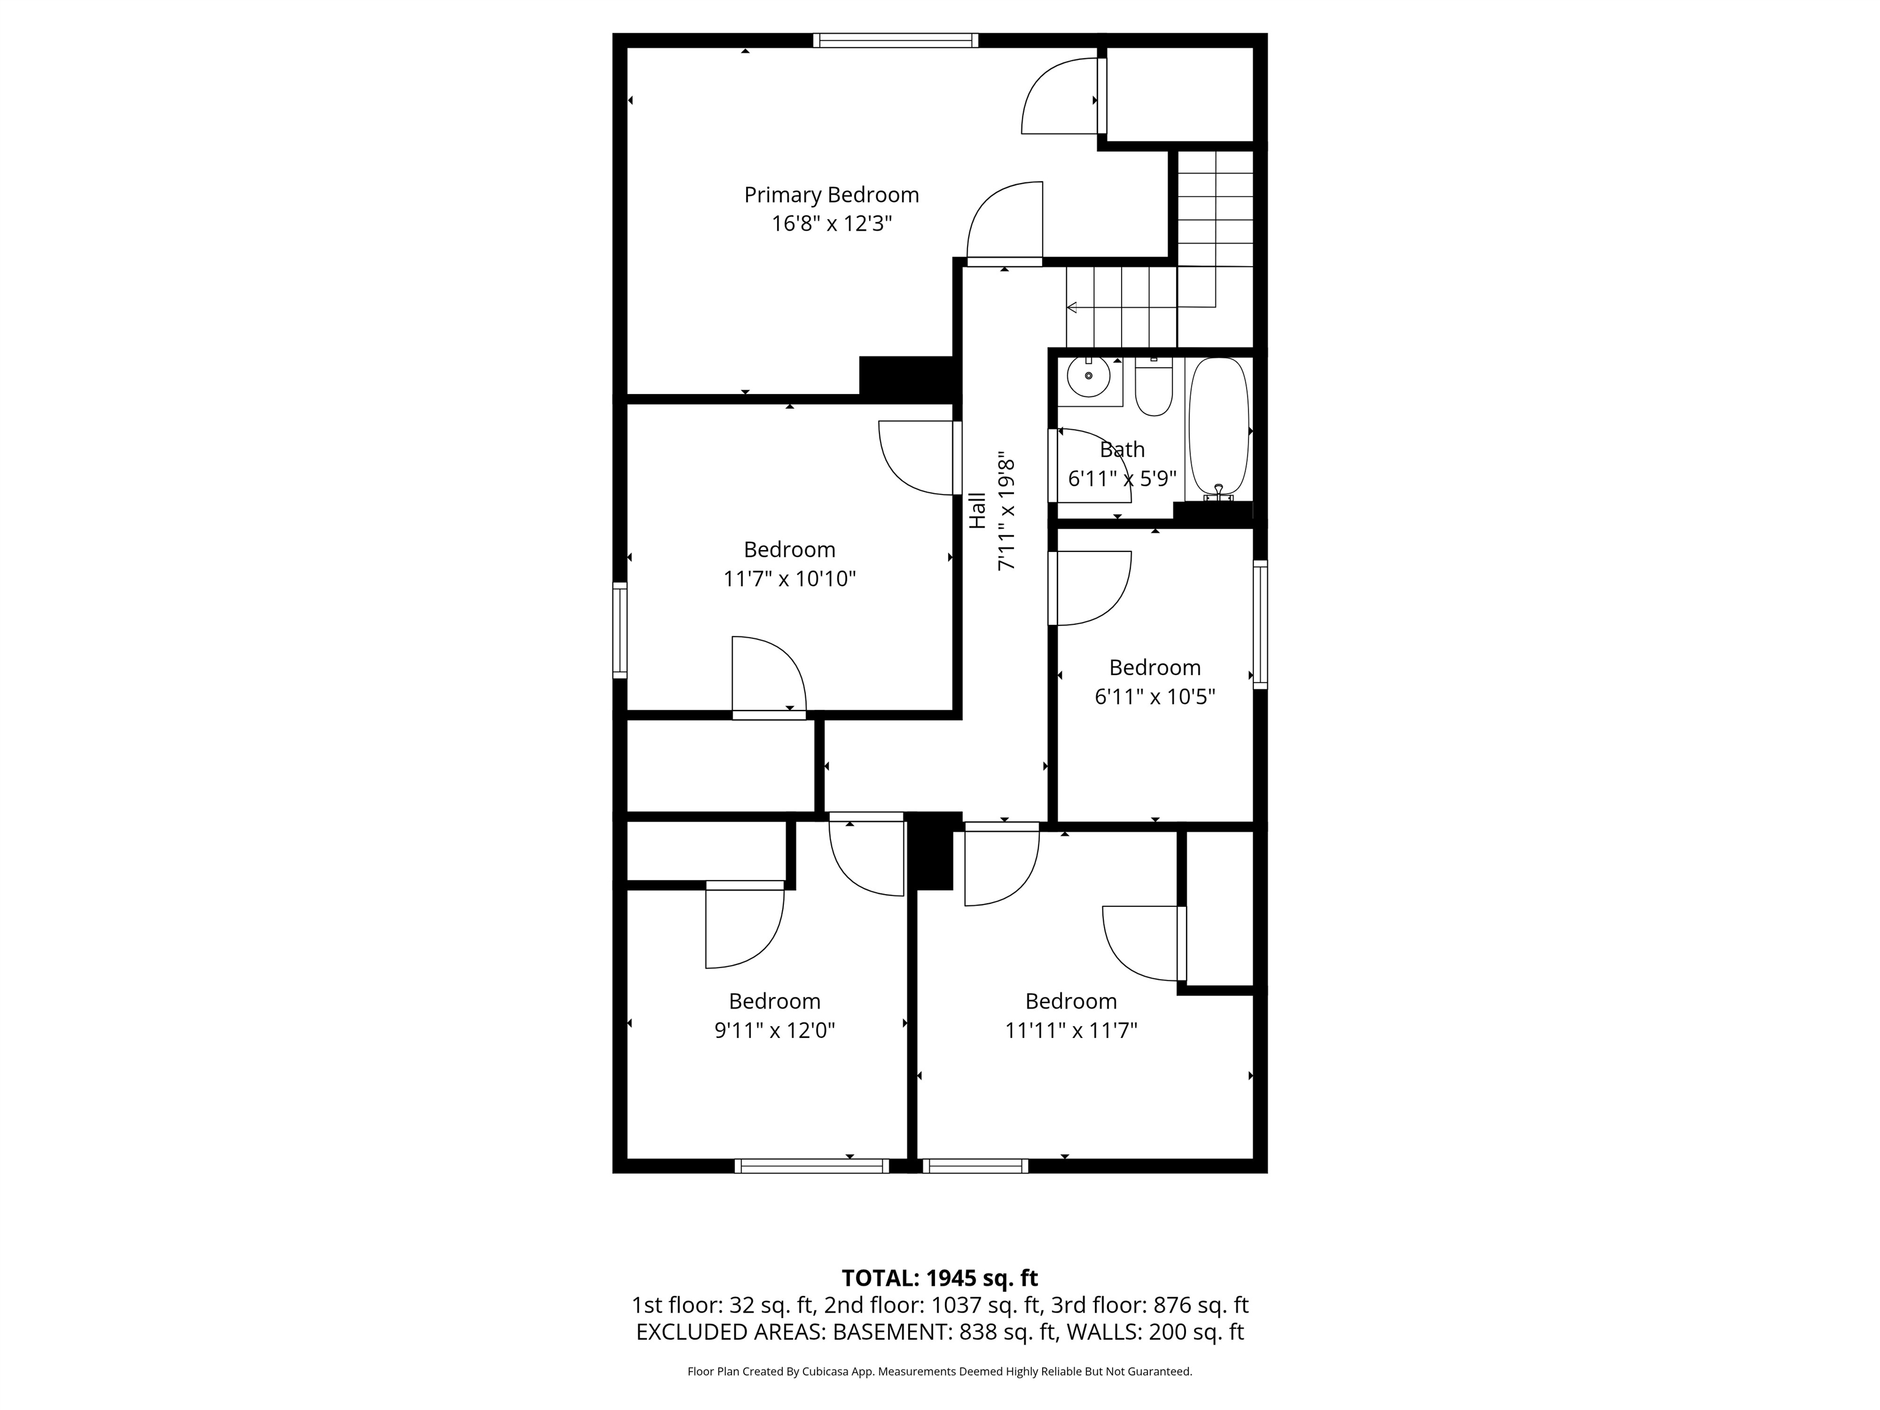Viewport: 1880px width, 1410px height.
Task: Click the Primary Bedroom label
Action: pyautogui.click(x=831, y=195)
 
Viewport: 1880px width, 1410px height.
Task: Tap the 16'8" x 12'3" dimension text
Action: pyautogui.click(x=831, y=223)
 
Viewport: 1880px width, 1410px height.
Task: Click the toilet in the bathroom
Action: pyautogui.click(x=1154, y=387)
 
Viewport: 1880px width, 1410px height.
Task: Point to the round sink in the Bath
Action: pyautogui.click(x=1089, y=376)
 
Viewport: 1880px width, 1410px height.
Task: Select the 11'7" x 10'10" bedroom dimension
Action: pyautogui.click(x=789, y=579)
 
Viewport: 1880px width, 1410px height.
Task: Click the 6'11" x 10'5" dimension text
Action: pyautogui.click(x=1155, y=697)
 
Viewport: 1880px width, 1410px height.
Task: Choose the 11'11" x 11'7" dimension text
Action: pyautogui.click(x=1071, y=1031)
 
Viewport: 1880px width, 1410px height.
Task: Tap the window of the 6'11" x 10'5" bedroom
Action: pyautogui.click(x=1261, y=624)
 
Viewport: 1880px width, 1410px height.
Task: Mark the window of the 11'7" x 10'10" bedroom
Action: pyautogui.click(x=619, y=630)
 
